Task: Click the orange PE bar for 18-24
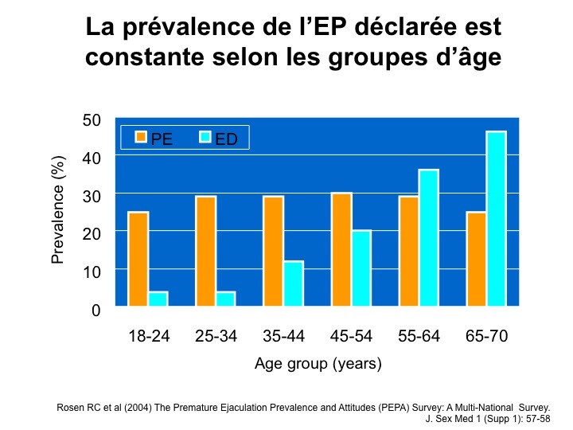138,259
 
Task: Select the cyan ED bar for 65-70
497,218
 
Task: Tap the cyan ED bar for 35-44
294,283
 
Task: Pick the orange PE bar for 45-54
341,249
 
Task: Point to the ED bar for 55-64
429,237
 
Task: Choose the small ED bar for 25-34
225,299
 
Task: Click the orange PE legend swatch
141,137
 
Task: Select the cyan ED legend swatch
205,137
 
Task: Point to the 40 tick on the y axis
92,158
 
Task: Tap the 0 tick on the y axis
95,310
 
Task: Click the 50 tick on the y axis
92,120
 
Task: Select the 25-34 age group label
216,336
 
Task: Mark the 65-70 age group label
487,336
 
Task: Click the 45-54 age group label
351,336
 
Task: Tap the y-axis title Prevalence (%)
58,209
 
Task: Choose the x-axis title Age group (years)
318,364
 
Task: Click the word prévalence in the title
189,28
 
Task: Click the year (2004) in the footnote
138,408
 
